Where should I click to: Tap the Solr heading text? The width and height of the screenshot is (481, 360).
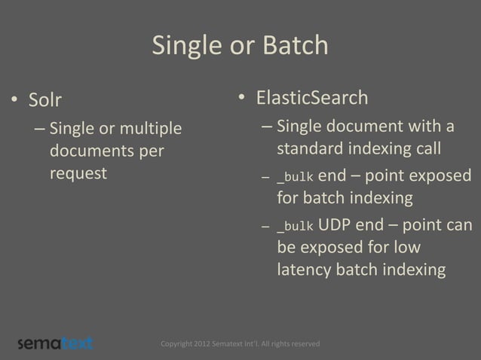point(45,99)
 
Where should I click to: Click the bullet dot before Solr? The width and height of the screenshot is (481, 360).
point(14,100)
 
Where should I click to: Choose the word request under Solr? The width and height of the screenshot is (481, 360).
point(78,173)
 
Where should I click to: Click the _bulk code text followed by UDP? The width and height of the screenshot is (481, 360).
point(295,227)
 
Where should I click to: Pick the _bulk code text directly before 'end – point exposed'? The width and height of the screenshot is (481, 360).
point(295,178)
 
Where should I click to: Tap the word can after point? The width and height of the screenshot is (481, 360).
point(458,225)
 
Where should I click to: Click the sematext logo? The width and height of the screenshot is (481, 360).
point(55,343)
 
